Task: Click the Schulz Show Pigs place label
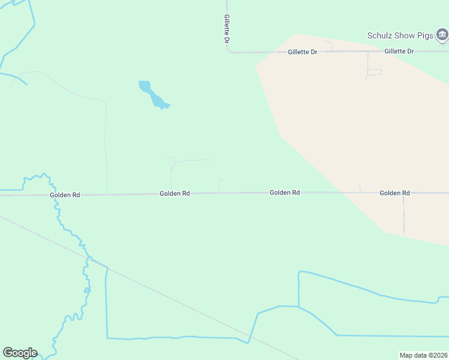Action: (x=400, y=36)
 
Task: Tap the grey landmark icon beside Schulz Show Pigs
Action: (x=442, y=36)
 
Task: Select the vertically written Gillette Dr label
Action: (x=226, y=29)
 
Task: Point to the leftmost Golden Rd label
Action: (x=65, y=195)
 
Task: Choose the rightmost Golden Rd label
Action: (x=394, y=193)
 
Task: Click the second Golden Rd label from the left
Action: (x=175, y=194)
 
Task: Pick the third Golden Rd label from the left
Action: (x=285, y=193)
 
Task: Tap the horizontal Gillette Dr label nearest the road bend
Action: (x=302, y=52)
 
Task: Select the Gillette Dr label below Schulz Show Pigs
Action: (x=399, y=52)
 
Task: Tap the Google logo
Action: (x=20, y=353)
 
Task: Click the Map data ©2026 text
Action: (x=423, y=355)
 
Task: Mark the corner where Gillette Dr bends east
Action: (x=228, y=52)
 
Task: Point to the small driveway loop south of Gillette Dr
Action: (x=373, y=72)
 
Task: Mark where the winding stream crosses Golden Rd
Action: (x=56, y=195)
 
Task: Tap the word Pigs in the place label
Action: (x=425, y=36)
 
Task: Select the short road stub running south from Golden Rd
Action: (x=403, y=213)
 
